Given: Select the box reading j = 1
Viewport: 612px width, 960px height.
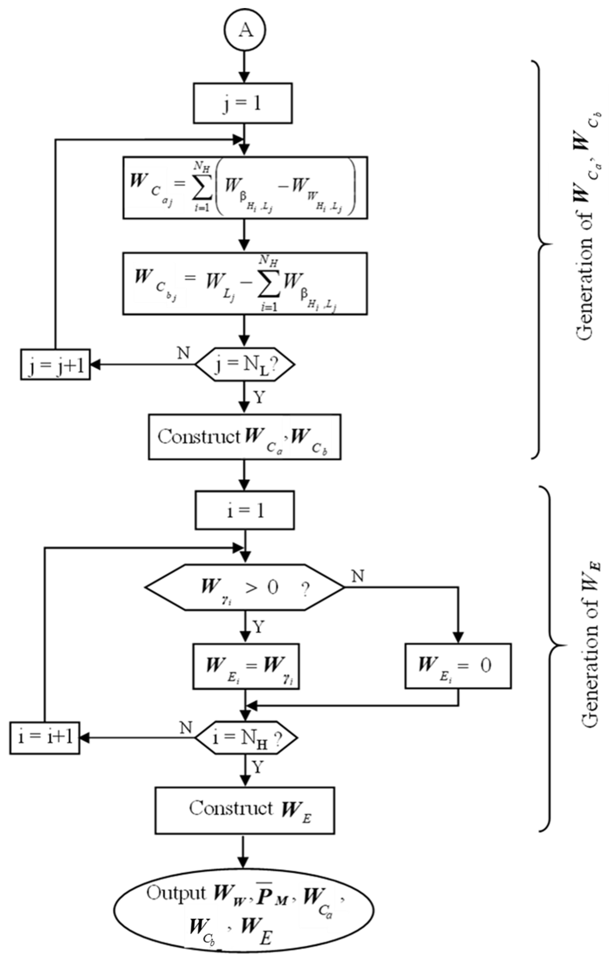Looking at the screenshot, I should click(243, 103).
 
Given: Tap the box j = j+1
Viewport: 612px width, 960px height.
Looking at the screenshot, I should click(55, 364).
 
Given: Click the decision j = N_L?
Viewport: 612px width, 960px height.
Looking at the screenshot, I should click(245, 364).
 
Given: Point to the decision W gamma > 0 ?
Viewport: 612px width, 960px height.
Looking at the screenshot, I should click(244, 587).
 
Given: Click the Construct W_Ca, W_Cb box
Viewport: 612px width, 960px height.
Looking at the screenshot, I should click(245, 437).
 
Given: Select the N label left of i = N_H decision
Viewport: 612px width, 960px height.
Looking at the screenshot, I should click(186, 727).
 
